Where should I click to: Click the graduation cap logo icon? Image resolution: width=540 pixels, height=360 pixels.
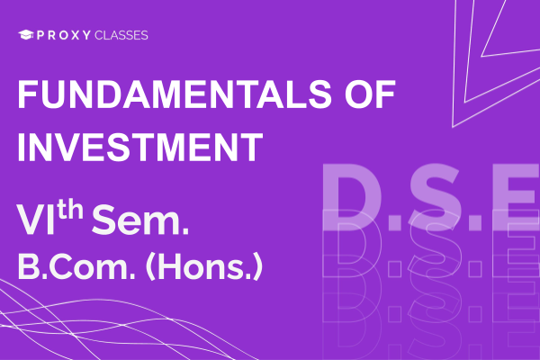26,35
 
